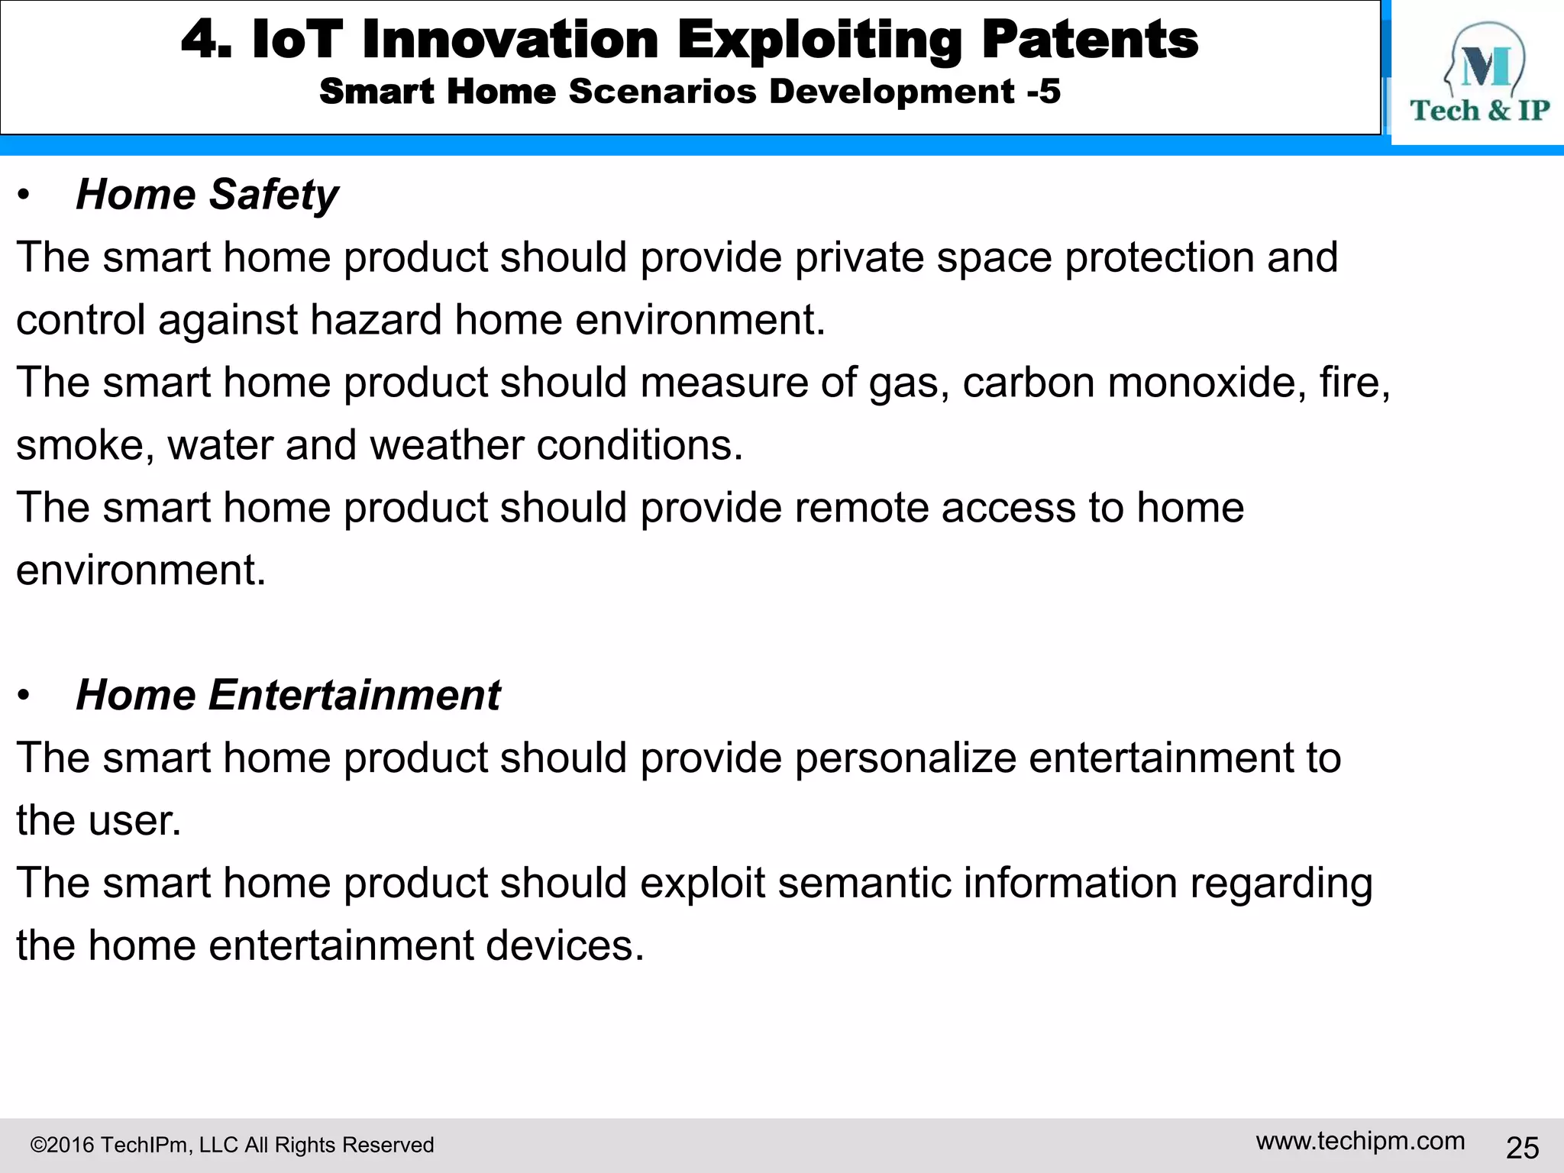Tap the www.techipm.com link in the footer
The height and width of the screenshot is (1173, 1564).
(x=1360, y=1141)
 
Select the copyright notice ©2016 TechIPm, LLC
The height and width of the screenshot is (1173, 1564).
(x=231, y=1145)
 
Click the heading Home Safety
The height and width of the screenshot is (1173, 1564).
(x=207, y=194)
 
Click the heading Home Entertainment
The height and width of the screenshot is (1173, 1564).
(x=288, y=695)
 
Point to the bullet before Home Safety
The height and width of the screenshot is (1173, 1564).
(x=24, y=196)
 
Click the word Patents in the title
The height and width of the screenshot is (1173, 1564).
(x=1090, y=40)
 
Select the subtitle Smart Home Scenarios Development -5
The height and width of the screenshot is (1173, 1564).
(x=690, y=92)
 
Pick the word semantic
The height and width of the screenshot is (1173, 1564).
(x=864, y=883)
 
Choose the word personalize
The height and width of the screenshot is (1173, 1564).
(x=905, y=758)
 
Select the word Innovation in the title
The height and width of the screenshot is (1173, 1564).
(x=510, y=40)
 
